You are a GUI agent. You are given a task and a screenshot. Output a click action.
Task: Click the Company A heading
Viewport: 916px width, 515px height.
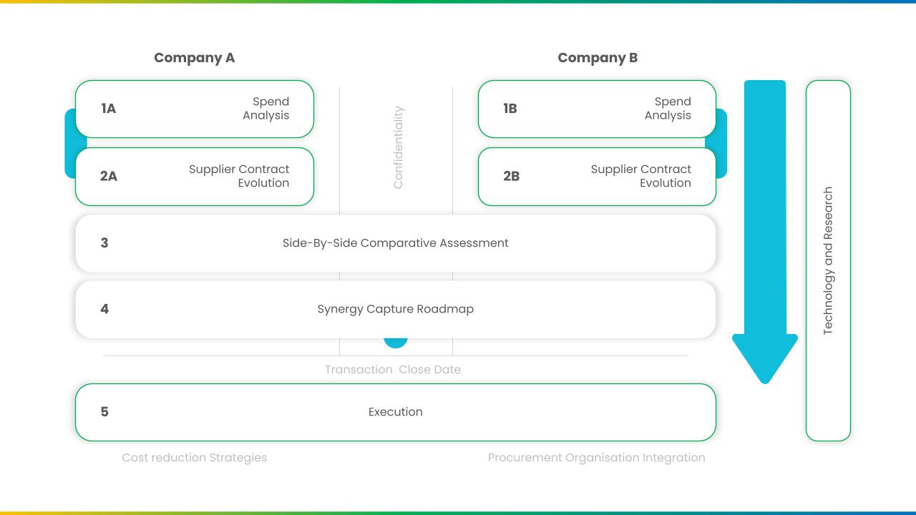194,58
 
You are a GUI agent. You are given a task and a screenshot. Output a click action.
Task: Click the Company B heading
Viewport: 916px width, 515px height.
598,58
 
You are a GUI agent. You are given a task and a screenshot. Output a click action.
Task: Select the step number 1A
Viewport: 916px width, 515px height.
108,109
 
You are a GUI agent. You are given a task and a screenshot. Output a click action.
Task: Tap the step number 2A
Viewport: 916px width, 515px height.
108,176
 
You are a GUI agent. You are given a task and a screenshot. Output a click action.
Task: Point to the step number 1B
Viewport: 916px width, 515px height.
510,109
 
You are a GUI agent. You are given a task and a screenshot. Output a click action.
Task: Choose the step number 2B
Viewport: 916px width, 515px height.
511,176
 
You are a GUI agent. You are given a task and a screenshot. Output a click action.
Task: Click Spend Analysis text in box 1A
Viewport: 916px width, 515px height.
265,109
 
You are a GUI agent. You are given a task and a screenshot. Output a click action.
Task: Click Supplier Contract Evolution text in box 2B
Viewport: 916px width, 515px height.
640,176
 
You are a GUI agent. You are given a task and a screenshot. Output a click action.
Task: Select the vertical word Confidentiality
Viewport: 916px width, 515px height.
398,147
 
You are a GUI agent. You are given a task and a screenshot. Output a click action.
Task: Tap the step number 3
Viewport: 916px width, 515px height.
104,242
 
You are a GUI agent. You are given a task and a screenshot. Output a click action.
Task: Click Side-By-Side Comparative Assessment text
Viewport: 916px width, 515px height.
396,242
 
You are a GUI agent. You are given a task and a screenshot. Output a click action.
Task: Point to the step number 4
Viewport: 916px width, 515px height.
104,309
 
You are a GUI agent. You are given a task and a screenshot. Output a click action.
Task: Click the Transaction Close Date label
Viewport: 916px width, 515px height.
393,370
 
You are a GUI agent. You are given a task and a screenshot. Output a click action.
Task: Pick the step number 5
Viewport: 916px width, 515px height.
104,411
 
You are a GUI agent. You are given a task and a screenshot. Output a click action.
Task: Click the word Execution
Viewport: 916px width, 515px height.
396,411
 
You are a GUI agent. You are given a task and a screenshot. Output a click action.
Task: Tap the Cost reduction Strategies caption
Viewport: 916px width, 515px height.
194,458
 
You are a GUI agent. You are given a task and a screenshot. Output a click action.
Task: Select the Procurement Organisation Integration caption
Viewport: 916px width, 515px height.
596,458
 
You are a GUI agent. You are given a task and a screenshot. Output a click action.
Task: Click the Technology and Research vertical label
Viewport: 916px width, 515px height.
828,261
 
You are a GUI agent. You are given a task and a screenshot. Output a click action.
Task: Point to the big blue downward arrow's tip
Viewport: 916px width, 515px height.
765,383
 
